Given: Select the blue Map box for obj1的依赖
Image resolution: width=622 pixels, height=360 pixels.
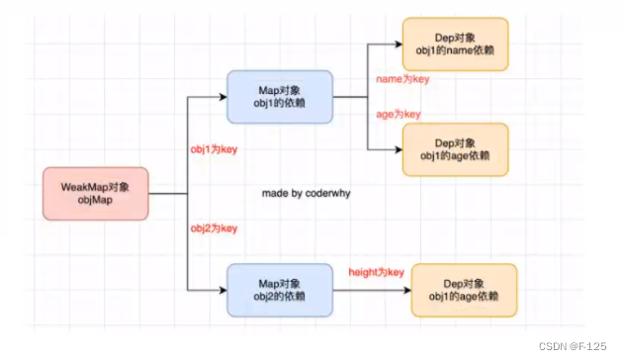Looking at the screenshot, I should pos(280,97).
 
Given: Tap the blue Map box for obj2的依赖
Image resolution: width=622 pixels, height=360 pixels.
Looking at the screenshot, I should pos(280,290).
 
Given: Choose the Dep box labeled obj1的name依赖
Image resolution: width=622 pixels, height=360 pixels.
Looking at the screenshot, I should pos(455,44).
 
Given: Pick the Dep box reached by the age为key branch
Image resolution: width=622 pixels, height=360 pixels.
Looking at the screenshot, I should pos(455,149).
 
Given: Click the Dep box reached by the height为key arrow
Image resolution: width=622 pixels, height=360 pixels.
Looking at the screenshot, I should pos(464,290).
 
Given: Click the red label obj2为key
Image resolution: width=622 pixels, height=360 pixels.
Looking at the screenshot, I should pos(214,228).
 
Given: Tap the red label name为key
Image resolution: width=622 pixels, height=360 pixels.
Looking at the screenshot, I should pos(400,77).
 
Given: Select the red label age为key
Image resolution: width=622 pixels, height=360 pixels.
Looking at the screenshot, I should pos(399,114).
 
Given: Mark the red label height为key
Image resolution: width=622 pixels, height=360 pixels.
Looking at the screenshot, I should pos(377,272).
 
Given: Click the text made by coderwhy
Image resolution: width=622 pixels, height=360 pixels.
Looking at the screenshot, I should pos(307,194).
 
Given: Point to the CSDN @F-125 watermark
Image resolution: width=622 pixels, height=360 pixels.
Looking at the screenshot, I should pos(578,348).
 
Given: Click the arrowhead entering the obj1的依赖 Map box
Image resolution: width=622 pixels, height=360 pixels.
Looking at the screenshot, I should pos(222,97).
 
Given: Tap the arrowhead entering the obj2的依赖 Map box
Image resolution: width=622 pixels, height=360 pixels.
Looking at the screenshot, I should pos(222,290).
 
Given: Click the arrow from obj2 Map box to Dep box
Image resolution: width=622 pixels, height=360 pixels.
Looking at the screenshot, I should pos(371,290).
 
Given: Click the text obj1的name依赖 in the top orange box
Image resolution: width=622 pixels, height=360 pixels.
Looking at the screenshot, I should pos(455,50).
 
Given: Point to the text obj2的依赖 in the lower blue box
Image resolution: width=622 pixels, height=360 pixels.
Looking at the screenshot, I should pos(280,297).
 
